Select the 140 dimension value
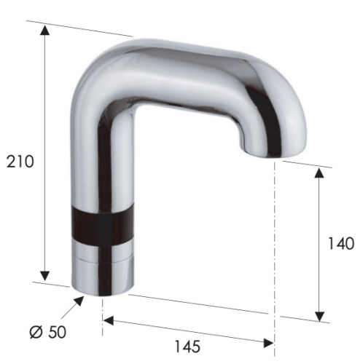(x=340, y=243)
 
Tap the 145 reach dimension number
(x=187, y=347)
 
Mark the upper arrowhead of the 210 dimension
(x=45, y=31)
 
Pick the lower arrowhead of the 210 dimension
(x=45, y=274)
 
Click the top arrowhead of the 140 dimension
(x=319, y=173)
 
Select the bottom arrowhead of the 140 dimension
(x=319, y=314)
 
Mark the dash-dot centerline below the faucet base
(x=102, y=320)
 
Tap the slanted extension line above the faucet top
(x=87, y=28)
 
